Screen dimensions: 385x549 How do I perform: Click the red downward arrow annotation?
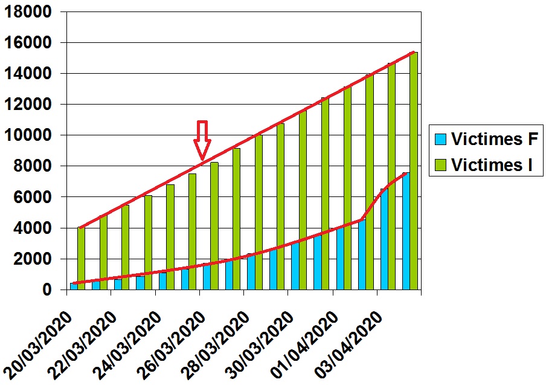pos(202,139)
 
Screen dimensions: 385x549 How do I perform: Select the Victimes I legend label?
pos(492,164)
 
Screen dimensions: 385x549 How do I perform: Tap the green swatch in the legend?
pos(440,164)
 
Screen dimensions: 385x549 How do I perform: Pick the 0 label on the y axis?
pos(47,290)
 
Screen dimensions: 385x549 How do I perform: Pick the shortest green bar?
pos(81,259)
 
